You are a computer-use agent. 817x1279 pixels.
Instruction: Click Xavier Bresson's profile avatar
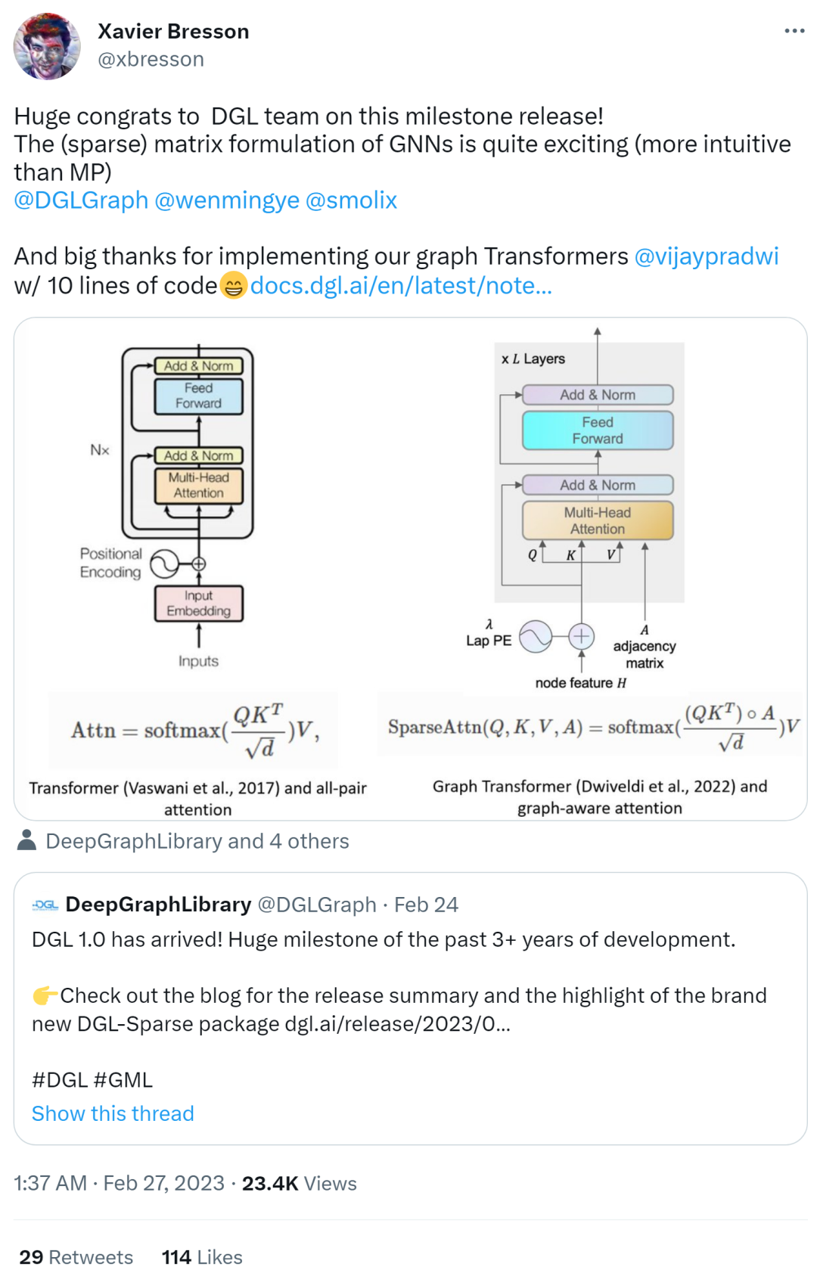point(47,46)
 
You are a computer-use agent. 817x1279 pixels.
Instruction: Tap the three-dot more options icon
point(794,31)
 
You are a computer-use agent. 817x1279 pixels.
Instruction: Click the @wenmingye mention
point(227,200)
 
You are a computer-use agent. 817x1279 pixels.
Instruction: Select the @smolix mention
point(351,200)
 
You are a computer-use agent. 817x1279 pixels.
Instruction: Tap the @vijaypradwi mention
point(707,256)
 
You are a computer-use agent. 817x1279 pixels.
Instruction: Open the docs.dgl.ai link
point(401,285)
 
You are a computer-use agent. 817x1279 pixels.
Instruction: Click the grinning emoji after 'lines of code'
point(234,285)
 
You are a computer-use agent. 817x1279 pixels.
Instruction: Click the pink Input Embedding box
point(199,603)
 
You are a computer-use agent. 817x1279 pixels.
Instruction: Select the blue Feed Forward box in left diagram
point(199,396)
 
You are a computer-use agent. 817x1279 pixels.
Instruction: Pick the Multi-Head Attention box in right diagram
point(598,520)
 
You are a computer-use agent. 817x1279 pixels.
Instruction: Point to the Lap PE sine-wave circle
point(536,637)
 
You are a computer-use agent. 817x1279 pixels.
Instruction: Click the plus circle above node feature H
point(581,636)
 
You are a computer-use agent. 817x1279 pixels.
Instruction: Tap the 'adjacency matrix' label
point(645,654)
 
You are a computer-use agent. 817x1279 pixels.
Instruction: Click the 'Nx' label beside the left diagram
point(99,450)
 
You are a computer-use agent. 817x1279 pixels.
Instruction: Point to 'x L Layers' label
point(533,359)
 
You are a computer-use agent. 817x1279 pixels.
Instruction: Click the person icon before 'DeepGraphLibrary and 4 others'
point(26,840)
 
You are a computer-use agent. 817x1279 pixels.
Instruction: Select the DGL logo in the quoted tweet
point(45,905)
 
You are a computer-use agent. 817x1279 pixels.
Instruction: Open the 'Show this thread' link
point(113,1113)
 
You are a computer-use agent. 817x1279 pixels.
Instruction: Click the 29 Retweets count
point(76,1257)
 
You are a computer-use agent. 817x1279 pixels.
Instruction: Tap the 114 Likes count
point(202,1257)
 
